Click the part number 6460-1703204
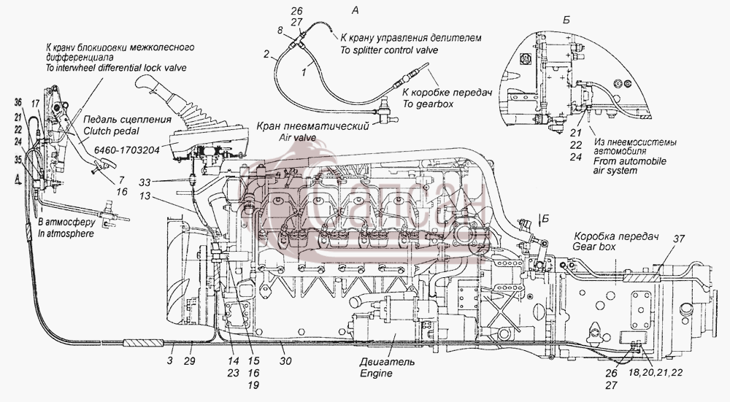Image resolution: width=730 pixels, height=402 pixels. click(126, 150)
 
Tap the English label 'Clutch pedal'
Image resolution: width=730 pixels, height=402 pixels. click(111, 131)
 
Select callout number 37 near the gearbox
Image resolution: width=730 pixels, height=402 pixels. click(679, 239)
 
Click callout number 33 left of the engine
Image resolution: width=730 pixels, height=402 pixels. click(145, 182)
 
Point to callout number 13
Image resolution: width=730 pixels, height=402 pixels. click(145, 196)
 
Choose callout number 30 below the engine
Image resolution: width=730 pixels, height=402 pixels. click(285, 360)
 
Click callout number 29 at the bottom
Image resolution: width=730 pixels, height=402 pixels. click(189, 360)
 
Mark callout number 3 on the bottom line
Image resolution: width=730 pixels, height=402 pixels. click(170, 360)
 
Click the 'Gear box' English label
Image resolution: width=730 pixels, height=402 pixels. click(593, 247)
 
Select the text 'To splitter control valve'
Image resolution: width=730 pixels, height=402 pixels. click(389, 50)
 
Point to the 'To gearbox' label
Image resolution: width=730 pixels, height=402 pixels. click(428, 104)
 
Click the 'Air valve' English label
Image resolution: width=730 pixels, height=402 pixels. click(298, 137)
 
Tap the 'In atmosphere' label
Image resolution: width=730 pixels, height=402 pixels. click(66, 233)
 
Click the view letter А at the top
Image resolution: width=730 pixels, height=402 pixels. click(355, 9)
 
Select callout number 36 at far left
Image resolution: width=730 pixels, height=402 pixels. click(18, 103)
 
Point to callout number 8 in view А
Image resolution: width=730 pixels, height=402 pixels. click(280, 30)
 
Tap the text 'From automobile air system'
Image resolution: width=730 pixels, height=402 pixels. click(629, 166)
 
